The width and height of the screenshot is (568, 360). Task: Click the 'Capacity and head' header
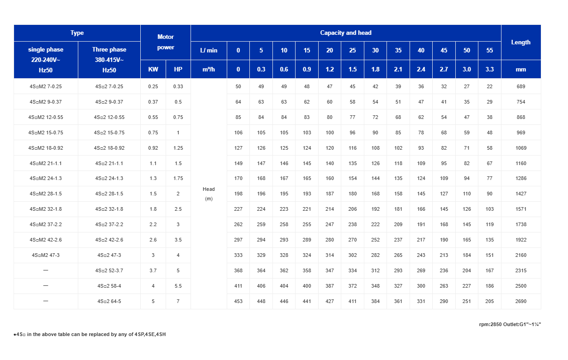click(345, 33)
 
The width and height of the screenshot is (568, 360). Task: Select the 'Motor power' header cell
click(166, 42)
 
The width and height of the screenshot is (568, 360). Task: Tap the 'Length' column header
click(520, 42)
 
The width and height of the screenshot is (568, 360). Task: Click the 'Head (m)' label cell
click(209, 194)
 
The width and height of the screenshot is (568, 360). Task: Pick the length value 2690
click(521, 301)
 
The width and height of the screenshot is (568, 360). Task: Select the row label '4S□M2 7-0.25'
click(46, 86)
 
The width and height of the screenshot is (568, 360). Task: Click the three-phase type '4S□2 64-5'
click(109, 301)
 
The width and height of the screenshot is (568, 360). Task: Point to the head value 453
click(238, 301)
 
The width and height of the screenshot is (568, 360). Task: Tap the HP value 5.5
click(178, 286)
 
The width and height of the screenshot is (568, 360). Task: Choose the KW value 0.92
click(153, 148)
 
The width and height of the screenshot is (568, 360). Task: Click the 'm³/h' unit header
click(209, 69)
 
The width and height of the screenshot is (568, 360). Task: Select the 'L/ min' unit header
click(209, 50)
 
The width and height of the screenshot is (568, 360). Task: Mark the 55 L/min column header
click(489, 50)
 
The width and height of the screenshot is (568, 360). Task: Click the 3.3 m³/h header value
click(489, 69)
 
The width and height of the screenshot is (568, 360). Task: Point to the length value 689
click(521, 86)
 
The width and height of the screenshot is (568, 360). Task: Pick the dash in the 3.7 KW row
click(46, 270)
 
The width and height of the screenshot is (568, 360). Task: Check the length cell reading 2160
click(521, 255)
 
